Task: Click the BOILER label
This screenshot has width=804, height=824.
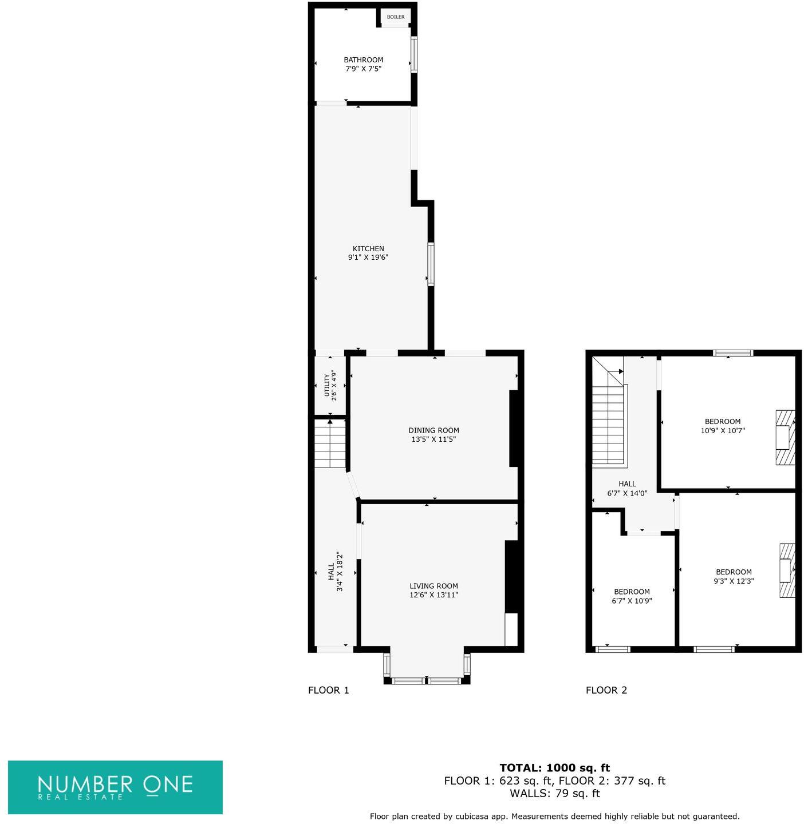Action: (x=396, y=17)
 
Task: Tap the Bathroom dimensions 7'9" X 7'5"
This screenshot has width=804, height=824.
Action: (x=363, y=69)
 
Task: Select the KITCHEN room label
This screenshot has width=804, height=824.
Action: (x=368, y=248)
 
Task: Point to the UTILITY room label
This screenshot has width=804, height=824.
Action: (x=327, y=385)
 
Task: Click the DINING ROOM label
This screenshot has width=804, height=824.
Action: (x=433, y=430)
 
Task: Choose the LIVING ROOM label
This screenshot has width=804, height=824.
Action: (x=433, y=586)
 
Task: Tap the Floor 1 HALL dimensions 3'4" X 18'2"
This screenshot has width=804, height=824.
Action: (x=340, y=572)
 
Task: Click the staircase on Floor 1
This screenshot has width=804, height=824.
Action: (x=330, y=443)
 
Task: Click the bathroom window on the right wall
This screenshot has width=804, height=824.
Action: (x=413, y=54)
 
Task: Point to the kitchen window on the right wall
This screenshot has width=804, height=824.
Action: (x=431, y=264)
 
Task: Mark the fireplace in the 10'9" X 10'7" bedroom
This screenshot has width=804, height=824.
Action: (x=785, y=437)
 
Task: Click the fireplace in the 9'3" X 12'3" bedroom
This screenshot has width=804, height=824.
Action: (x=787, y=571)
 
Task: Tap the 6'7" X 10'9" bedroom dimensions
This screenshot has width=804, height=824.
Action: (x=632, y=601)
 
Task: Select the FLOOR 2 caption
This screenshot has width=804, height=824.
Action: (x=606, y=690)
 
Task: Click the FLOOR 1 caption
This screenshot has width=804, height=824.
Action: (x=328, y=690)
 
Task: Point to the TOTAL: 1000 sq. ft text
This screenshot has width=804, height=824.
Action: (x=554, y=768)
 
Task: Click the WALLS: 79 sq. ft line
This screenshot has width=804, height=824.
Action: (x=554, y=793)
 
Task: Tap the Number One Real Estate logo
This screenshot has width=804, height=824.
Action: (x=115, y=787)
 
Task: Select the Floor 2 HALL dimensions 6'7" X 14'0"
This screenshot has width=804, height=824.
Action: (x=627, y=493)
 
